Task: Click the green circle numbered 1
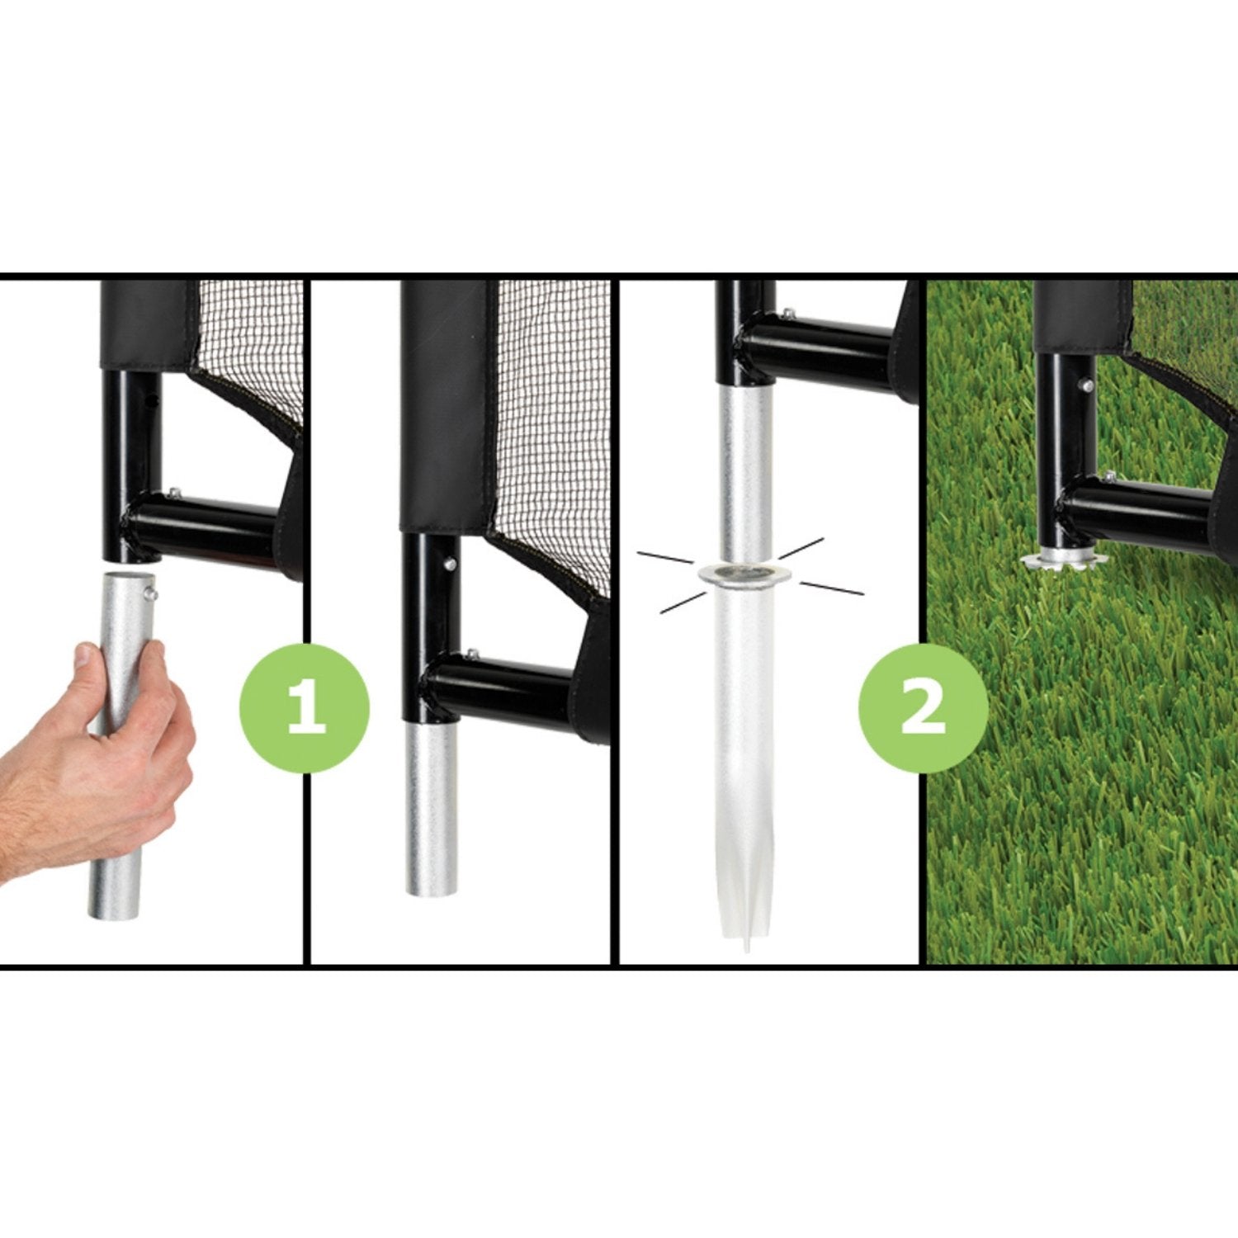tap(305, 708)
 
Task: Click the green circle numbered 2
tap(923, 708)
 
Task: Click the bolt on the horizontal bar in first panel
tap(173, 493)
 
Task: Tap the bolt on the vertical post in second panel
tap(450, 564)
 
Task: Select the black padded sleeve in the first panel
tap(149, 324)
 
